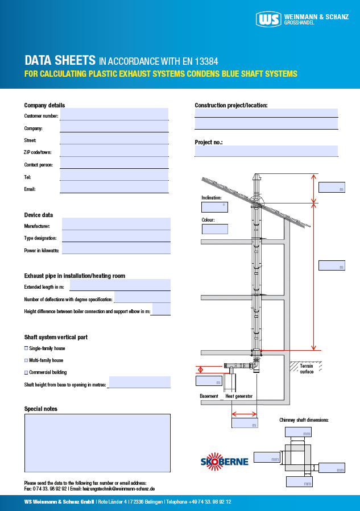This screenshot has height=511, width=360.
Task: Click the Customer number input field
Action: click(114, 114)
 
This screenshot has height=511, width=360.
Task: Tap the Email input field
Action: click(114, 187)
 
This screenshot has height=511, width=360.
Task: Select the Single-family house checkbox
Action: click(26, 348)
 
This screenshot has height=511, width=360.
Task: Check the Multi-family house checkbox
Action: click(26, 360)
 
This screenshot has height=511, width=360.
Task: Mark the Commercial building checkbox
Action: click(26, 372)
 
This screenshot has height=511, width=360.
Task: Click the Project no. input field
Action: click(266, 151)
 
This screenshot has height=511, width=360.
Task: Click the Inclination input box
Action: click(214, 207)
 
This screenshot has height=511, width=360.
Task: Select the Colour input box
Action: click(214, 229)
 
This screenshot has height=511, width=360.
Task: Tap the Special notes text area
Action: click(97, 443)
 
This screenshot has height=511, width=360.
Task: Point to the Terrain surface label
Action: click(307, 369)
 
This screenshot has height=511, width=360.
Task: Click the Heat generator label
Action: click(239, 396)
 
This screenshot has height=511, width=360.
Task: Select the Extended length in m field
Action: click(120, 285)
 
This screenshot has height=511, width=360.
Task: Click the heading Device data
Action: click(39, 215)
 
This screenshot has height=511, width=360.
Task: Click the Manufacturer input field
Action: click(116, 224)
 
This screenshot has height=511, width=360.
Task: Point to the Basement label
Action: click(209, 396)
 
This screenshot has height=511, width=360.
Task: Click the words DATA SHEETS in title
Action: click(60, 60)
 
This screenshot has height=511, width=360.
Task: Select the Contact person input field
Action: click(114, 163)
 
